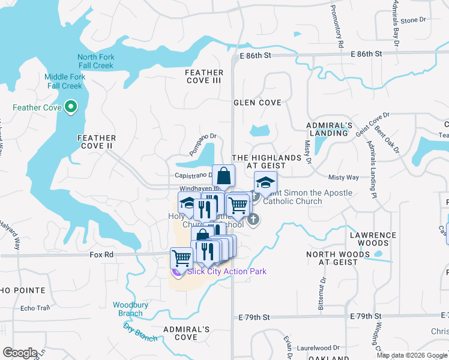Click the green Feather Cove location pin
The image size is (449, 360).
[x=71, y=108]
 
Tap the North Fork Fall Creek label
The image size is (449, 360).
[x=96, y=61]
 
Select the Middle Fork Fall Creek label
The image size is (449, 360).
[x=64, y=82]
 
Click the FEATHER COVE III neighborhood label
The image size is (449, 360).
[x=204, y=76]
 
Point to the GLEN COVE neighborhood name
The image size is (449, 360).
[x=257, y=103]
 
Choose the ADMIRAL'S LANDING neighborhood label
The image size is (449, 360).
[x=329, y=129]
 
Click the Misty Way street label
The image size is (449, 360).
[x=343, y=178]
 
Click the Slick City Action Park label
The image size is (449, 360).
[x=226, y=271]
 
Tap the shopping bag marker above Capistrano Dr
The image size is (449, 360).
[x=223, y=176]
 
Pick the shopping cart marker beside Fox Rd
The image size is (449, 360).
[x=181, y=259]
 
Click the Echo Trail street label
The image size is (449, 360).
[x=35, y=308]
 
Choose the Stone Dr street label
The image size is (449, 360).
[x=413, y=20]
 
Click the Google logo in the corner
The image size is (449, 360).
[x=19, y=353]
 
